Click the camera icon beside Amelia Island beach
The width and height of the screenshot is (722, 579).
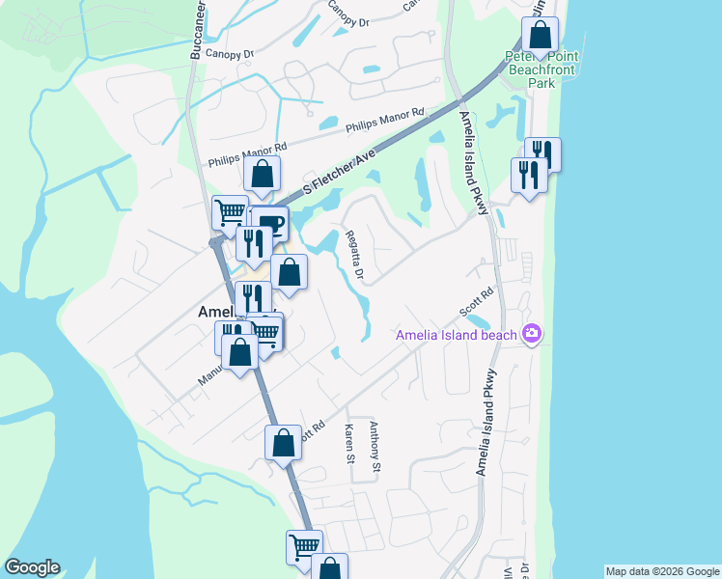click(x=531, y=334)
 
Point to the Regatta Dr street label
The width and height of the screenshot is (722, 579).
click(x=354, y=255)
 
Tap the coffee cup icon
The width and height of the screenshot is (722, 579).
click(x=270, y=225)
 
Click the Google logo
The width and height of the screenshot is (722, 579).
click(x=32, y=567)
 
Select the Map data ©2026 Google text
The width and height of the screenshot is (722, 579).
click(x=661, y=571)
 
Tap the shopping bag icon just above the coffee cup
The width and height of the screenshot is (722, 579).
click(x=262, y=175)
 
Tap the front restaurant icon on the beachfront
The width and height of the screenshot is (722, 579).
click(x=528, y=175)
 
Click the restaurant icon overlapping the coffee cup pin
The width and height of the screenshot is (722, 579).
click(x=253, y=241)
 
